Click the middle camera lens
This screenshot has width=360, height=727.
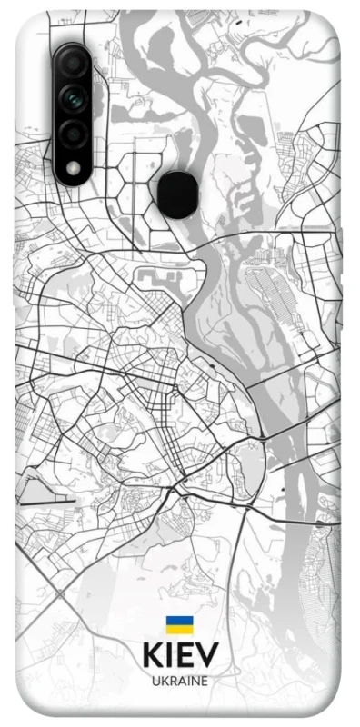74,95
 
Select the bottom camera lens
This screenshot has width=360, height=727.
74,133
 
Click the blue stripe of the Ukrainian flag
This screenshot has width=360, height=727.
179,621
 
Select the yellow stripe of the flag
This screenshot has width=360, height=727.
179,629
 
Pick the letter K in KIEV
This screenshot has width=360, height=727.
151,654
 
